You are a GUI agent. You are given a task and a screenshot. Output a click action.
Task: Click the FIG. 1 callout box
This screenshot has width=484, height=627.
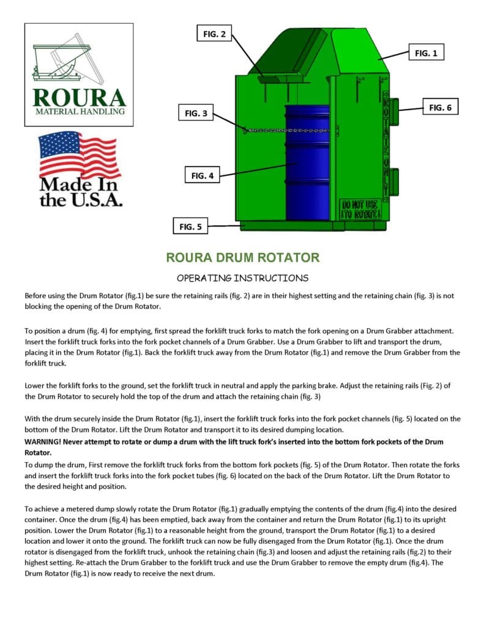426,53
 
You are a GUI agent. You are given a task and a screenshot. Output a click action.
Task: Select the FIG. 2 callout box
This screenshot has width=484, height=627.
214,34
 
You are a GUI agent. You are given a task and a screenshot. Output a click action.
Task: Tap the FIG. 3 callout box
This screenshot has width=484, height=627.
196,113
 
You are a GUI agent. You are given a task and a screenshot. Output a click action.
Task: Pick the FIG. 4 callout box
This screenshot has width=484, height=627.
202,176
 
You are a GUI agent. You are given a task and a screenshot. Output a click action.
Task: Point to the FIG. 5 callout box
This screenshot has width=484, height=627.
190,227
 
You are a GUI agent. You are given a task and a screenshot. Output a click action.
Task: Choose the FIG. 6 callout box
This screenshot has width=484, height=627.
440,108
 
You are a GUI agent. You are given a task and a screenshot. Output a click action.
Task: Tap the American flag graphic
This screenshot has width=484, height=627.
80,154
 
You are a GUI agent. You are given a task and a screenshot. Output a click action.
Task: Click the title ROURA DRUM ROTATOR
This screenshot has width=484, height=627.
242,257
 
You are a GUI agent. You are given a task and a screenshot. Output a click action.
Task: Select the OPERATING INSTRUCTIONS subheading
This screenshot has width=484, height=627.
242,277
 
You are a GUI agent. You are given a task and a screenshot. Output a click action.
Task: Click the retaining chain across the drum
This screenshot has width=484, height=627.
288,130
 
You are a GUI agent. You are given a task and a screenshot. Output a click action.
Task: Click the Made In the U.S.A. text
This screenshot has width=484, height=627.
80,192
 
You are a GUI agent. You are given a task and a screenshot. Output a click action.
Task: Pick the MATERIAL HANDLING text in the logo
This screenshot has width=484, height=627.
80,111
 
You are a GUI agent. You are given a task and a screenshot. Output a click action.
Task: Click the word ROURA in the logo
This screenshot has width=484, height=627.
80,97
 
